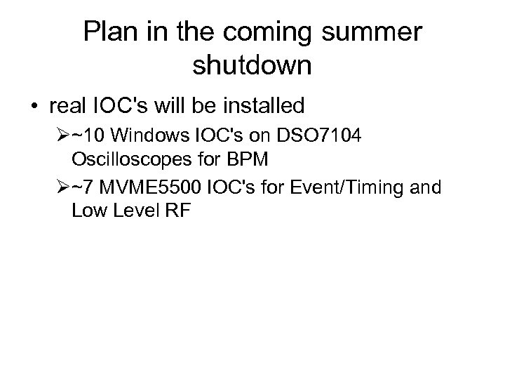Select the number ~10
[x=86, y=135]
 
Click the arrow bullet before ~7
[x=62, y=188]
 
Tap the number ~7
[x=81, y=188]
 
